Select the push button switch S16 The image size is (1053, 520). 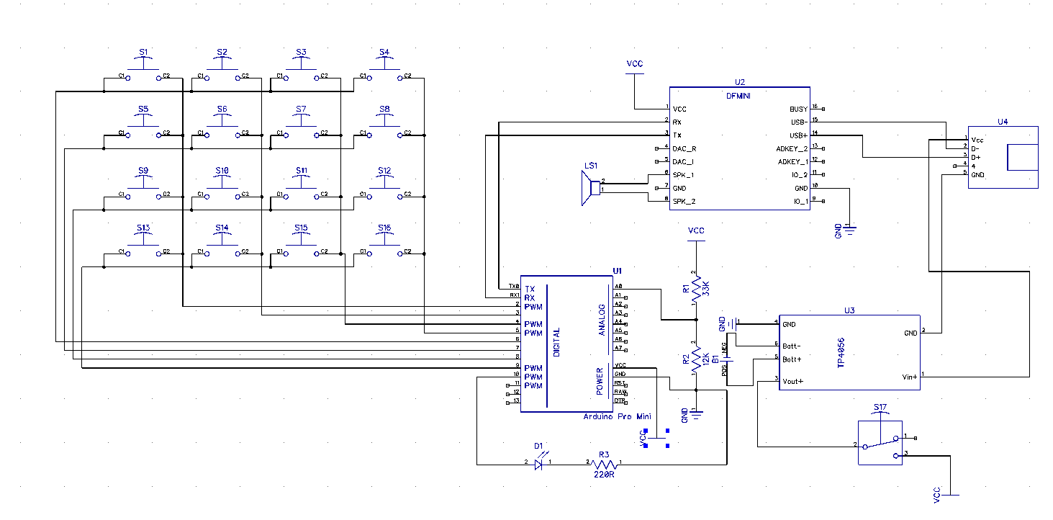click(384, 247)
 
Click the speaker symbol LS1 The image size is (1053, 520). click(592, 189)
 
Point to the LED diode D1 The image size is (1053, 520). click(538, 465)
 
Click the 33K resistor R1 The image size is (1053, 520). click(695, 292)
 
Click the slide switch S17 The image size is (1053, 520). click(880, 441)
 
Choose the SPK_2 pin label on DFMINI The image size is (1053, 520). click(683, 202)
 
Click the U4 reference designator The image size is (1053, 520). click(1003, 122)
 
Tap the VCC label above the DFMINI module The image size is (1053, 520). click(634, 64)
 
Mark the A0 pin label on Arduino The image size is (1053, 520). click(618, 287)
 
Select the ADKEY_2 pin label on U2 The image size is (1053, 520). click(792, 148)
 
